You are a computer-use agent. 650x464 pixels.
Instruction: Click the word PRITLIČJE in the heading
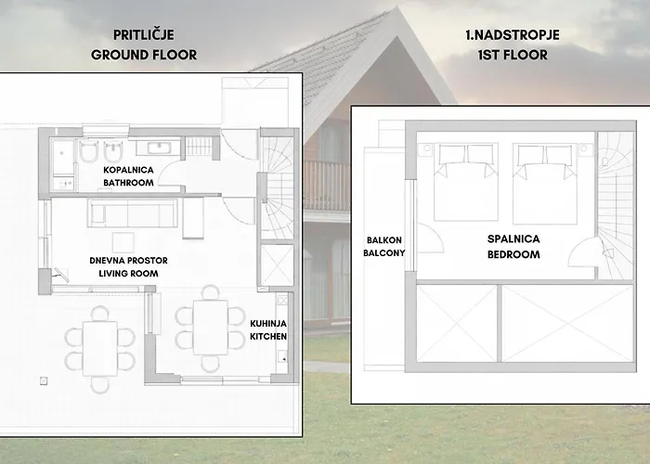143,36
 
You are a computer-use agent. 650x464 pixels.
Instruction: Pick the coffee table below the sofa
193,223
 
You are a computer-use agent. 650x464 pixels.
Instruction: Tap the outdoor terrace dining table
99,346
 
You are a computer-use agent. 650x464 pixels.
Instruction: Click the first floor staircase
613,204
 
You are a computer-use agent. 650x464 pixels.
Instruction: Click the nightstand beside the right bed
583,148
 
